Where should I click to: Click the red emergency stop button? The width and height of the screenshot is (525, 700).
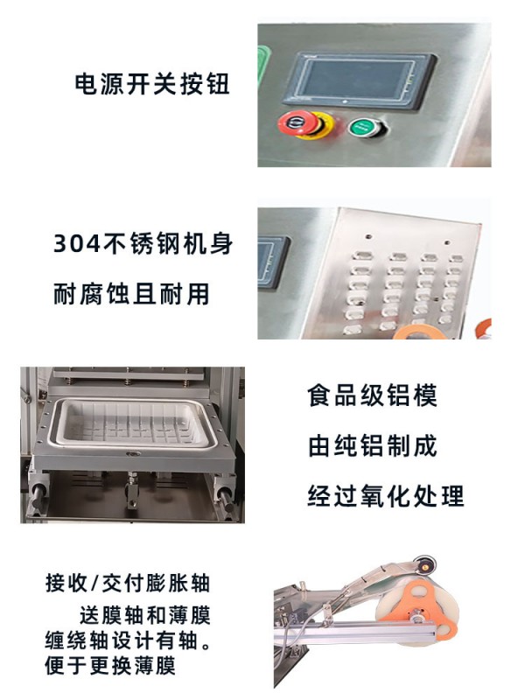(295, 122)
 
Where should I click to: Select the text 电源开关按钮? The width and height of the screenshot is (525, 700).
(151, 84)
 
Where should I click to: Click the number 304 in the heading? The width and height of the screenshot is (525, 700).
(77, 244)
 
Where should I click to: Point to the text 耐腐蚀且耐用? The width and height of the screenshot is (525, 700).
(132, 294)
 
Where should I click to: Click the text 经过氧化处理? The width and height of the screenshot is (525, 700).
(386, 496)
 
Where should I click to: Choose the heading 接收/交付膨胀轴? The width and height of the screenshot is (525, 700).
(128, 583)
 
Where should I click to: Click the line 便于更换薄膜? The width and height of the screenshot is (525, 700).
(110, 666)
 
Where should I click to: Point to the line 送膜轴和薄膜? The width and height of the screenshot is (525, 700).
(144, 616)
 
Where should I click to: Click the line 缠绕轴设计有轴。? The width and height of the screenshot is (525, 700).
(128, 641)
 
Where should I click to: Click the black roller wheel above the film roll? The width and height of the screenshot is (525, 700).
(423, 566)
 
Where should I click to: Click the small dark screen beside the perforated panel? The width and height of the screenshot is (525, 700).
(271, 262)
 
